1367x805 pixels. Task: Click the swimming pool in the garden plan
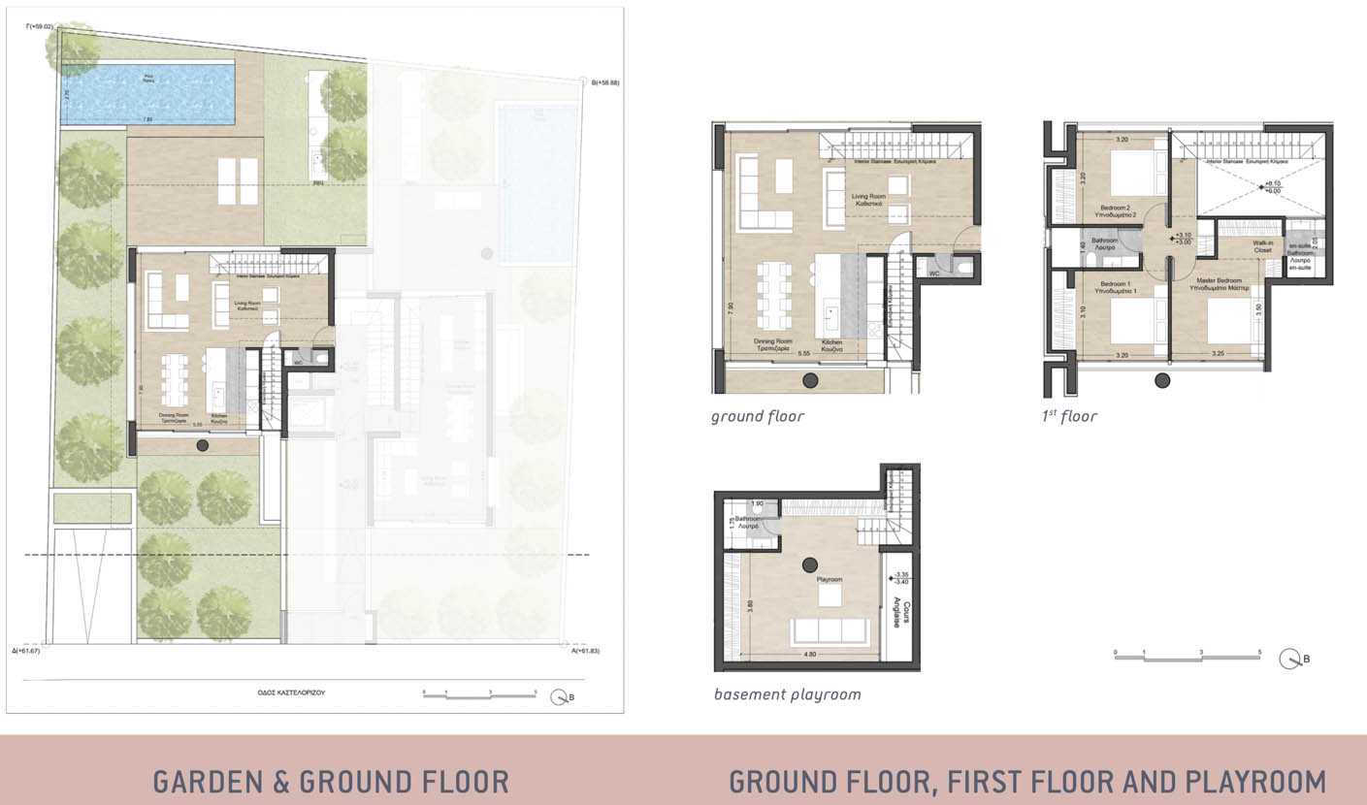point(148,93)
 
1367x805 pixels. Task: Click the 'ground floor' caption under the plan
point(758,417)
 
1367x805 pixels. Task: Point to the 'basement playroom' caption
point(787,694)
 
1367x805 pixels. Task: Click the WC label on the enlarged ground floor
point(933,274)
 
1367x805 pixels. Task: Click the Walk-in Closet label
point(1262,246)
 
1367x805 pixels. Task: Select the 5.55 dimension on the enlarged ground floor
point(803,354)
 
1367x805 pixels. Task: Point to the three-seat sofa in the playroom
point(829,630)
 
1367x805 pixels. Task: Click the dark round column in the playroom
point(810,563)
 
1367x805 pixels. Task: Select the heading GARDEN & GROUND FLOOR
point(331,781)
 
